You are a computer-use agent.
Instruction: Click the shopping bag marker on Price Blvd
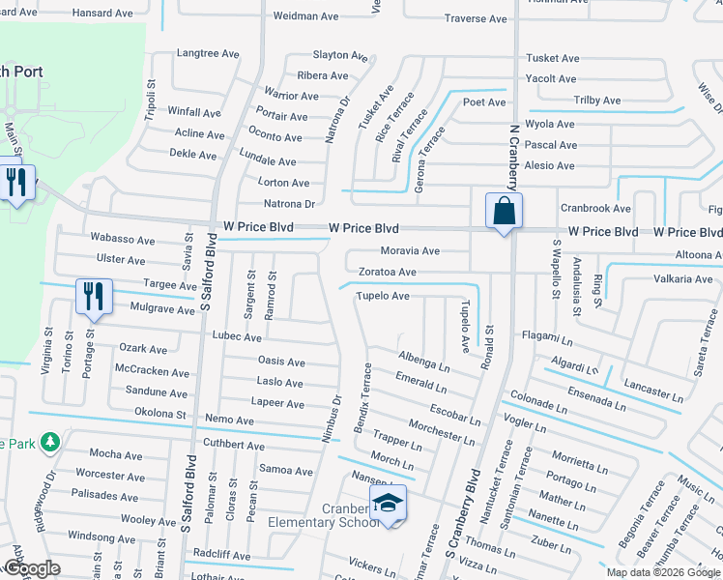pyautogui.click(x=504, y=212)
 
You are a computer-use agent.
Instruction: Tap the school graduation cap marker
pyautogui.click(x=388, y=504)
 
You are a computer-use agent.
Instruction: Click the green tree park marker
pyautogui.click(x=48, y=443)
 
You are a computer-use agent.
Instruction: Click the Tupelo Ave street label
pyautogui.click(x=383, y=296)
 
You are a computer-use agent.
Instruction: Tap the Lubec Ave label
pyautogui.click(x=237, y=337)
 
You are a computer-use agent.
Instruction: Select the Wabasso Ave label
pyautogui.click(x=122, y=240)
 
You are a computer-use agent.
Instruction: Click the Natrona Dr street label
pyautogui.click(x=290, y=204)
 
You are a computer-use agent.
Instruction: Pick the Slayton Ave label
pyautogui.click(x=335, y=55)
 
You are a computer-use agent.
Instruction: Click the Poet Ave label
pyautogui.click(x=484, y=102)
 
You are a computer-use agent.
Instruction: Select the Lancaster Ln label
pyautogui.click(x=653, y=390)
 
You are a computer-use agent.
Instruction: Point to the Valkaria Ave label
pyautogui.click(x=682, y=279)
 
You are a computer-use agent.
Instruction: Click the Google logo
pyautogui.click(x=33, y=568)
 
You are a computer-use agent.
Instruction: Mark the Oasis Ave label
pyautogui.click(x=281, y=362)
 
